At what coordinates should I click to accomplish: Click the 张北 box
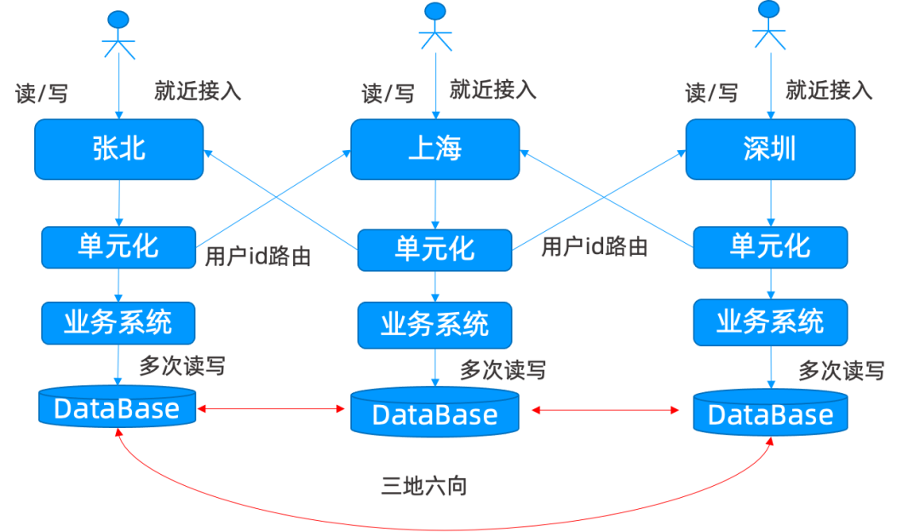pos(118,149)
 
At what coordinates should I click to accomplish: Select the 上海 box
pos(435,149)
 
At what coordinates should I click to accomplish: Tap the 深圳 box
pos(770,149)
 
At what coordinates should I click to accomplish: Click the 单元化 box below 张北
pos(118,246)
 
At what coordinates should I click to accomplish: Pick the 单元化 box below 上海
pos(434,250)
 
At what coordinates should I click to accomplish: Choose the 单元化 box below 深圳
pos(770,246)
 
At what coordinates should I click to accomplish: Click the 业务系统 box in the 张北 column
pos(118,322)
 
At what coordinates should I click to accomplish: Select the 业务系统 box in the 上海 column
pos(434,325)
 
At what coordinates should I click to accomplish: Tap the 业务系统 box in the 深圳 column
pos(770,322)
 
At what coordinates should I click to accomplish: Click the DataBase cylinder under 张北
pos(118,408)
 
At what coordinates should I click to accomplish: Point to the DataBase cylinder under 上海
pos(434,413)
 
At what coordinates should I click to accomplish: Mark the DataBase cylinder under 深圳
pos(770,413)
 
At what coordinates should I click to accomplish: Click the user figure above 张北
pos(119,34)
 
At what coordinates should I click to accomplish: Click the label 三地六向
pos(423,487)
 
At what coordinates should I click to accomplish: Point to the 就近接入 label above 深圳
pos(829,90)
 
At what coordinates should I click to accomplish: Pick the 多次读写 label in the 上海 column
pos(503,370)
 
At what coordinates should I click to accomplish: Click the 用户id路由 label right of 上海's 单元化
pos(594,248)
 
